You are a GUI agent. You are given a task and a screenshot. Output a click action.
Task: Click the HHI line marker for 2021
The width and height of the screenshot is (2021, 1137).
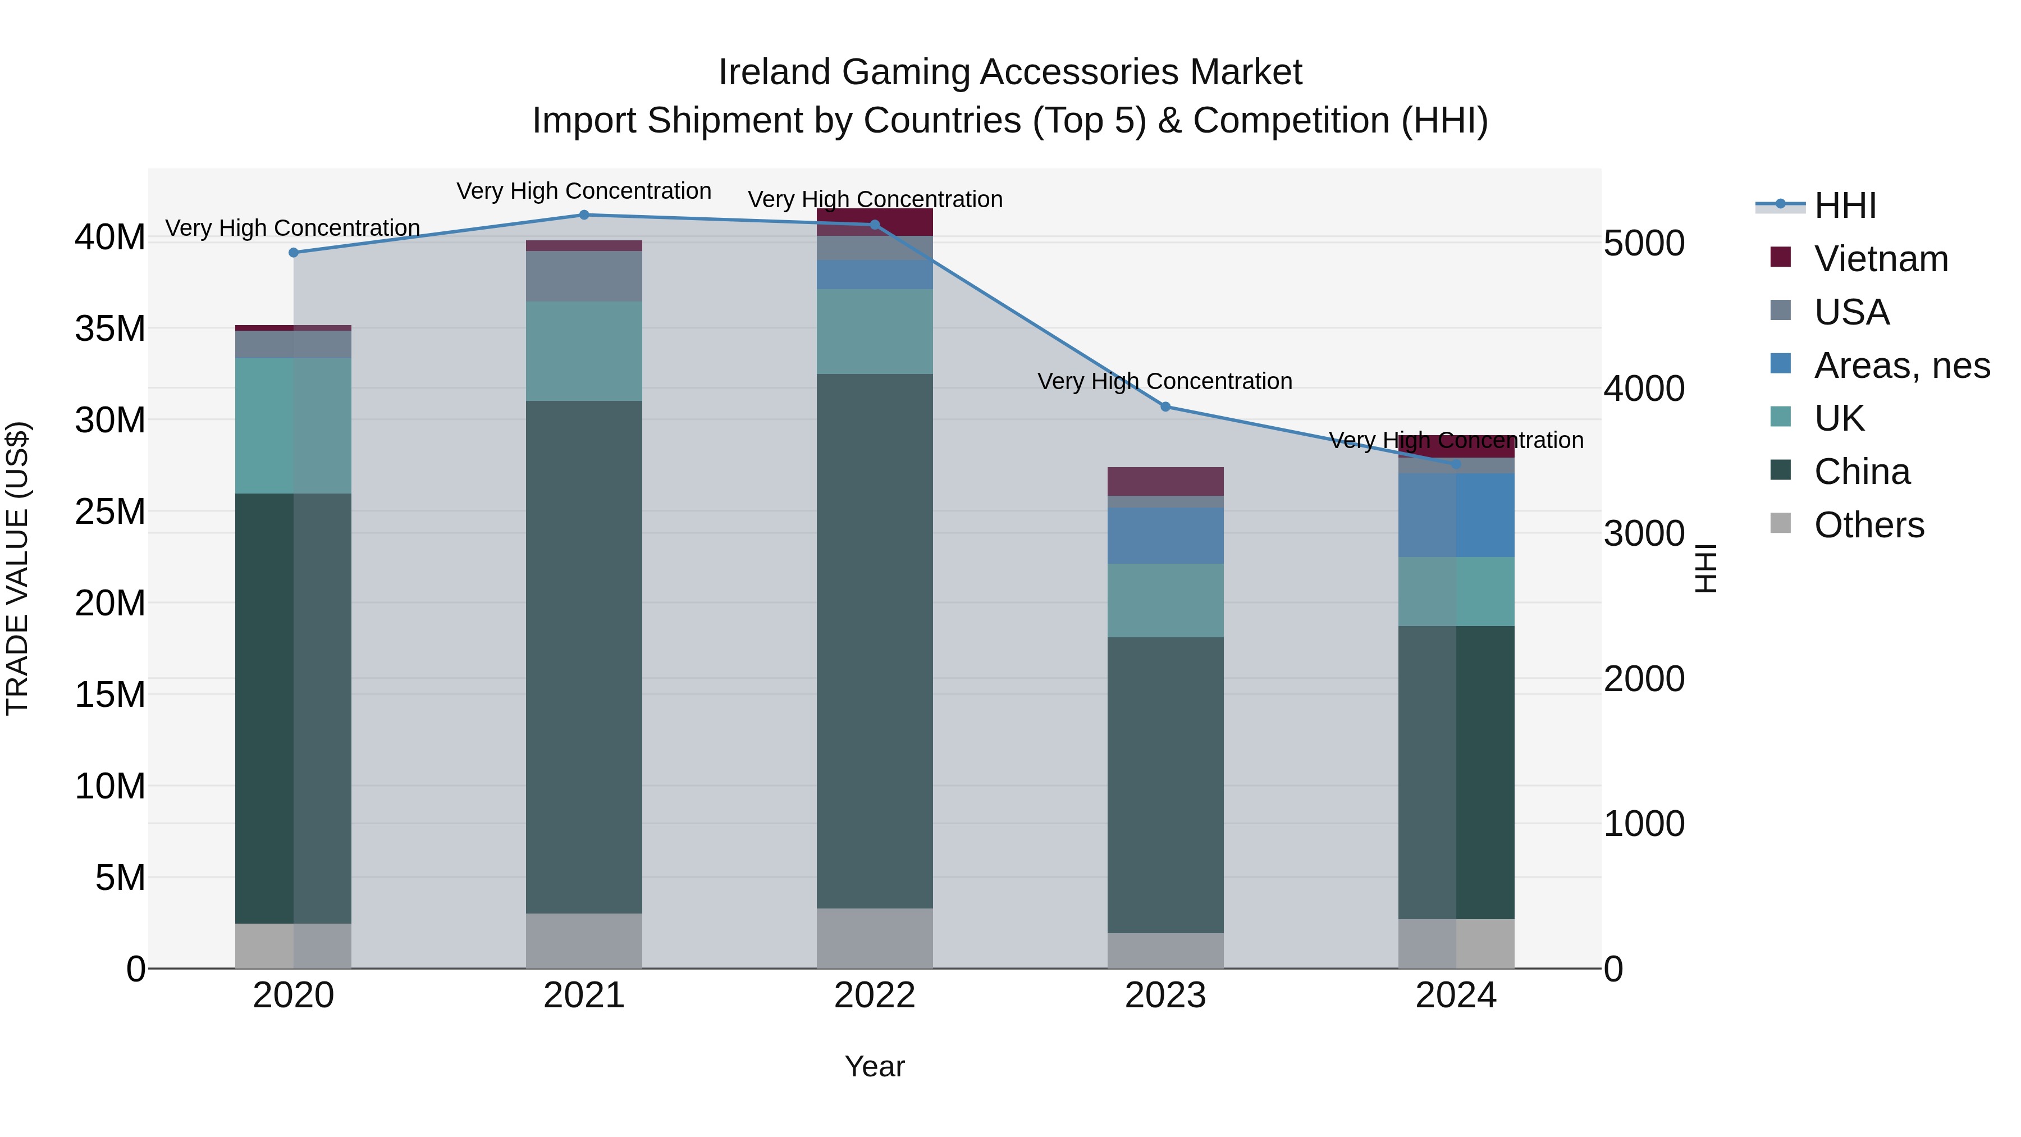click(x=584, y=214)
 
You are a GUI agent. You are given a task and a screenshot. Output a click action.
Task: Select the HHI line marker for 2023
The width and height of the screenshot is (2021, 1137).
click(x=1165, y=407)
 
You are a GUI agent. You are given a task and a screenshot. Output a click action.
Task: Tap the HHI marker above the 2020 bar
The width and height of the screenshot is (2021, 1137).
click(x=294, y=253)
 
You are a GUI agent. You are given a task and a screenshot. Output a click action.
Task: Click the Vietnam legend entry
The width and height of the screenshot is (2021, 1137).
click(x=1880, y=259)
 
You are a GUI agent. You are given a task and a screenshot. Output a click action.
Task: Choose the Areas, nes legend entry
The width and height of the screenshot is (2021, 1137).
click(x=1900, y=366)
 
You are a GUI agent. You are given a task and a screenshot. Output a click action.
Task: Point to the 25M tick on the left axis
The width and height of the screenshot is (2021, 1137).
click(x=110, y=512)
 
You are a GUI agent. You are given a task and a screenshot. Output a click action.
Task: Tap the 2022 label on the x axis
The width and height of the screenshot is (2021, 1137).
click(x=874, y=996)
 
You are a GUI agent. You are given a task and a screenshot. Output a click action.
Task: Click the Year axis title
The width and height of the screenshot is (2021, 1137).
click(x=874, y=1066)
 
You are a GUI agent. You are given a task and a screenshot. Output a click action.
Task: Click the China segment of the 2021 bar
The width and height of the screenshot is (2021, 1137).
click(x=584, y=657)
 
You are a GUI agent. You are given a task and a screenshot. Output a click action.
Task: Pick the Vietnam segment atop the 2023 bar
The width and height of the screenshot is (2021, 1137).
click(x=1165, y=481)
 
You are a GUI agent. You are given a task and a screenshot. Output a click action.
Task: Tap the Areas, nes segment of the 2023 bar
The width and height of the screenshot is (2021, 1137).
click(x=1165, y=535)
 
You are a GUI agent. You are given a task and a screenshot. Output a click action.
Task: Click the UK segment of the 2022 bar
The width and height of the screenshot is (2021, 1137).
click(x=874, y=331)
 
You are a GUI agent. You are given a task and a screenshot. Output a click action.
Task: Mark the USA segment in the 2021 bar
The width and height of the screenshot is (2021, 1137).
click(x=584, y=276)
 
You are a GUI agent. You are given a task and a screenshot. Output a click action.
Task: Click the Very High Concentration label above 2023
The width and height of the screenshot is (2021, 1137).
click(x=1164, y=381)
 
